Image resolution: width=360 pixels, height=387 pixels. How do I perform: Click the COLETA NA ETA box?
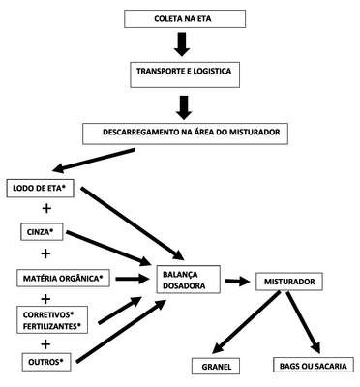(185, 18)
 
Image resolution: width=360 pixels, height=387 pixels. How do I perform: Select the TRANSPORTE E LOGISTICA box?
(185, 74)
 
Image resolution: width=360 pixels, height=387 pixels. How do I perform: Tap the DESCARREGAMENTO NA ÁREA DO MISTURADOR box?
(185, 134)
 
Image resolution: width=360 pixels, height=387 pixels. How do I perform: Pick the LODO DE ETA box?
(40, 189)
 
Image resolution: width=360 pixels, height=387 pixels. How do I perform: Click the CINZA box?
(42, 232)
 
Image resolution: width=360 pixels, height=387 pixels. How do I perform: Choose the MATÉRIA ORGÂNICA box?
(63, 279)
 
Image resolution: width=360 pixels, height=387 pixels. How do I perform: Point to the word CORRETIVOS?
(47, 314)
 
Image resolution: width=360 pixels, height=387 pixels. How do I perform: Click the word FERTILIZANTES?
(50, 326)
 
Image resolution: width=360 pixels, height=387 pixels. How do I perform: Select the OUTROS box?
(46, 362)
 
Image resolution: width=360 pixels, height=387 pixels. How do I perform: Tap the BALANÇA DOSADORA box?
(189, 280)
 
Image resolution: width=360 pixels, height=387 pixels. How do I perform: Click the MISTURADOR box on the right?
(289, 282)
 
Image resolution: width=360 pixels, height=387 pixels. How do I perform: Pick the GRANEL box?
(217, 367)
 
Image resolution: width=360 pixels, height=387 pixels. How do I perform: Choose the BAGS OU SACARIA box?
(314, 366)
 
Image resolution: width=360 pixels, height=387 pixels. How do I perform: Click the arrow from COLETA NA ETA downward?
(182, 45)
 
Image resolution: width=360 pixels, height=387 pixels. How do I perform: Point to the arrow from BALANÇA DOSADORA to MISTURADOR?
(238, 282)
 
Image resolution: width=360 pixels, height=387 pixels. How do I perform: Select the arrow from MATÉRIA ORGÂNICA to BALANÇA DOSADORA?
(133, 279)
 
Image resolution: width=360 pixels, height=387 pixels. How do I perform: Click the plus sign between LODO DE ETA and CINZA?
(46, 209)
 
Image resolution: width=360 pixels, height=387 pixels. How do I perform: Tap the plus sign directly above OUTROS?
(45, 344)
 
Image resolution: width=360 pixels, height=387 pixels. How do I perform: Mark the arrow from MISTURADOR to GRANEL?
(247, 323)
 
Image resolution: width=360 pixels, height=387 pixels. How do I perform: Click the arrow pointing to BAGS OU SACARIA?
(303, 322)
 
